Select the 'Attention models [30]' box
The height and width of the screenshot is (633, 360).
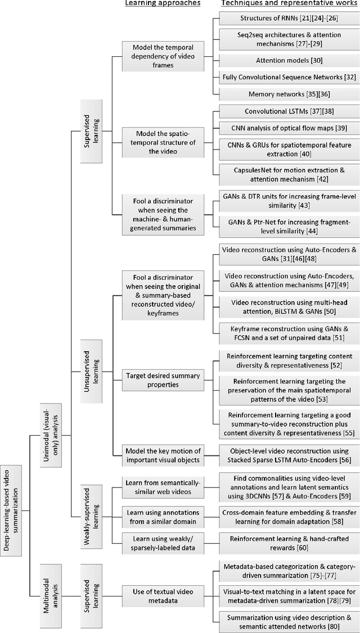[287, 60]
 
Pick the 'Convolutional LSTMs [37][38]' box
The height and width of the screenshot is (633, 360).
[287, 111]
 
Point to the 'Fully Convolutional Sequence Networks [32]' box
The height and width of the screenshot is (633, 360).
[287, 76]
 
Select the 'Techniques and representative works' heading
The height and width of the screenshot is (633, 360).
[287, 4]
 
